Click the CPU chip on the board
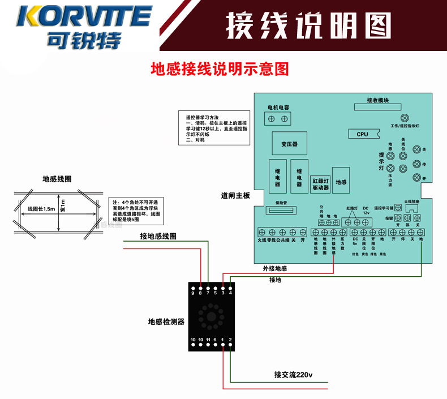tap(363, 134)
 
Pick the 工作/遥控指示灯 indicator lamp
tap(404, 118)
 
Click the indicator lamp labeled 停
tap(417, 164)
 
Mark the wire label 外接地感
tap(275, 268)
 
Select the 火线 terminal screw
tap(262, 232)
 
